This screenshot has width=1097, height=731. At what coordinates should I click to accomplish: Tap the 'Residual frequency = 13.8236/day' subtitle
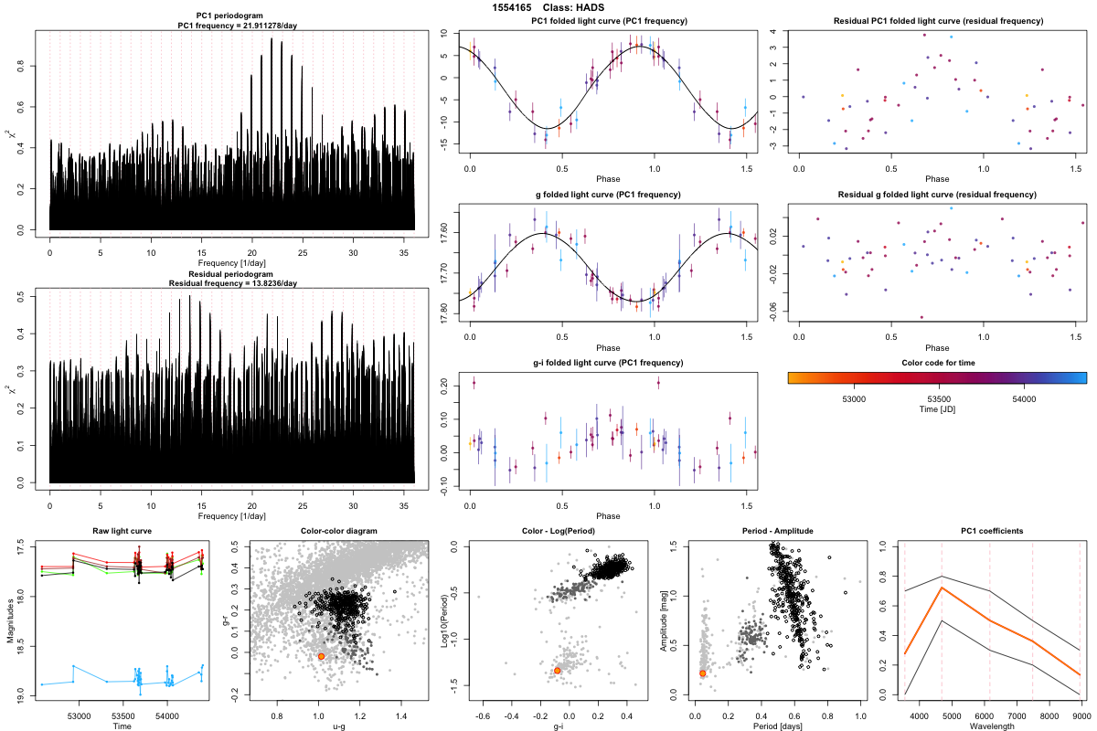[232, 282]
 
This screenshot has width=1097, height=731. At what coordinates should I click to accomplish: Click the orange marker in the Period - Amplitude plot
[703, 673]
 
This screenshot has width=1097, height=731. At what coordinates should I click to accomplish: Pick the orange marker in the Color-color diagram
[321, 656]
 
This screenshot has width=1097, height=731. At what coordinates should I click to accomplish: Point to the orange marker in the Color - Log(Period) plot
[557, 671]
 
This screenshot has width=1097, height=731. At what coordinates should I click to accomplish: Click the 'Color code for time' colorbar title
[937, 362]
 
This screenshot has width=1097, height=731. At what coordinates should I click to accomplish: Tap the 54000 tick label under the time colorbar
[1024, 398]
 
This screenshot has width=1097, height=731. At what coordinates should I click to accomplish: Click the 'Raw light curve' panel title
[122, 532]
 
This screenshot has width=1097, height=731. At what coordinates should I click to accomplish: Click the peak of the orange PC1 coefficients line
[943, 588]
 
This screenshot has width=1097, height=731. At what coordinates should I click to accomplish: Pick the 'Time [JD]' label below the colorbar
[937, 411]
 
